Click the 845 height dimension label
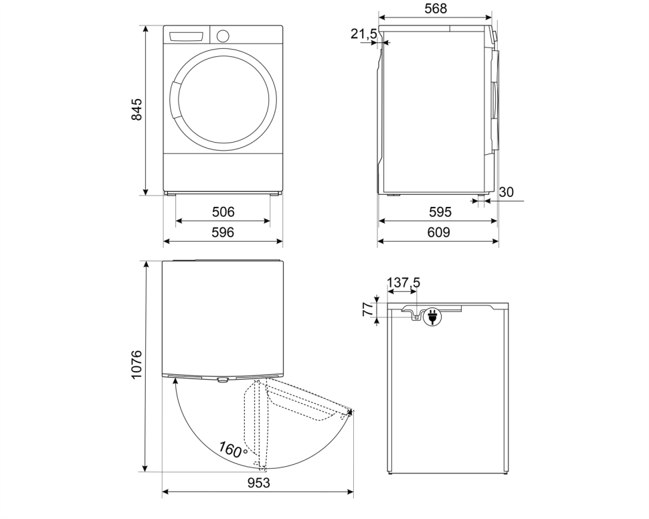pyautogui.click(x=136, y=110)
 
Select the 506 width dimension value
pyautogui.click(x=223, y=212)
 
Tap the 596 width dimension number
pyautogui.click(x=223, y=232)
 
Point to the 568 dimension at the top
pyautogui.click(x=435, y=9)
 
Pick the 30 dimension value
pyautogui.click(x=506, y=192)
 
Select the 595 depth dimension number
pyautogui.click(x=439, y=212)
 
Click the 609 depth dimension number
pyautogui.click(x=439, y=232)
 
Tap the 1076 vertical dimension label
pyautogui.click(x=136, y=365)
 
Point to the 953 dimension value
pyautogui.click(x=258, y=483)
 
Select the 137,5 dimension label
pyautogui.click(x=403, y=283)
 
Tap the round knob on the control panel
pyautogui.click(x=223, y=35)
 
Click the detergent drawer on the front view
pyautogui.click(x=187, y=36)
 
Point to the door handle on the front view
pyautogui.click(x=175, y=100)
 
